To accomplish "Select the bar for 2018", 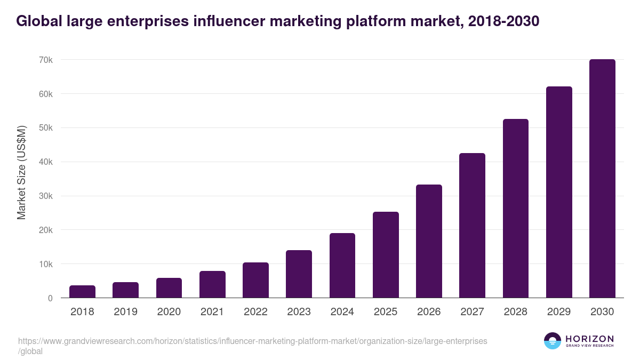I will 82,292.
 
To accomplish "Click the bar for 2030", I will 602,179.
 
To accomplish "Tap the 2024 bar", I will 342,266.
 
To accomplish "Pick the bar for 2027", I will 472,226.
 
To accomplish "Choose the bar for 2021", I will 212,284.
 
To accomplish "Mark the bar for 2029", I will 559,192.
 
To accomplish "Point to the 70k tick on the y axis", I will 46,60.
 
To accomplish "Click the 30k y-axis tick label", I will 46,196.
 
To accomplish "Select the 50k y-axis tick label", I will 46,128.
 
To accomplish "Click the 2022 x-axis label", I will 255,312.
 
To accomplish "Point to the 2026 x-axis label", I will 429,312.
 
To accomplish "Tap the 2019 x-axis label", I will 125,312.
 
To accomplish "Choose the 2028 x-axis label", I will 516,312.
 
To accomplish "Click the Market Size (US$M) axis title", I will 21,172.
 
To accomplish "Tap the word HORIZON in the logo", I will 589,339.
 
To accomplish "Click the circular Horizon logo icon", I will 553,341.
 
